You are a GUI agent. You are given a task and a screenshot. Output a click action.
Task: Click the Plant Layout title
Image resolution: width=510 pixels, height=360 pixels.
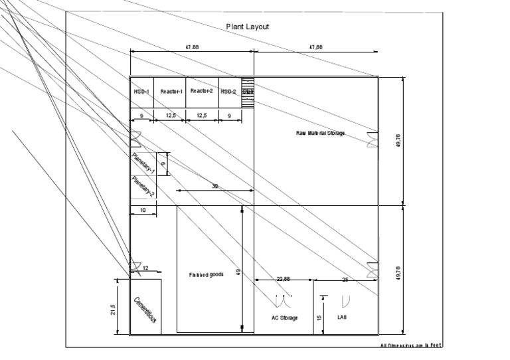click(247, 27)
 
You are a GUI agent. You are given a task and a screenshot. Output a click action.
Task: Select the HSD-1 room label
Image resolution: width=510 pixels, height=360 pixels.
click(141, 91)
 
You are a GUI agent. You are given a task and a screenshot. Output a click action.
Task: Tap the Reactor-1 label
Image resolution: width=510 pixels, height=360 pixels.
click(171, 91)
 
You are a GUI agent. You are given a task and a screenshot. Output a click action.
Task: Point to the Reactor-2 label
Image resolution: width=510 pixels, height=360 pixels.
click(201, 91)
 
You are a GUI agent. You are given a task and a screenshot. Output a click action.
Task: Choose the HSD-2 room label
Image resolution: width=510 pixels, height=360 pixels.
click(228, 91)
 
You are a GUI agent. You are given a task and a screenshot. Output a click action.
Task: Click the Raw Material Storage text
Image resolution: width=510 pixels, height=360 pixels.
click(321, 133)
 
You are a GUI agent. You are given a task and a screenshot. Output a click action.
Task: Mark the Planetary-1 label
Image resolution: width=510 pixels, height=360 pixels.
click(143, 163)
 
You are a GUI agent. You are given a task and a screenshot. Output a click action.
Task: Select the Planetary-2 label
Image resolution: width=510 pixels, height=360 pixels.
click(143, 187)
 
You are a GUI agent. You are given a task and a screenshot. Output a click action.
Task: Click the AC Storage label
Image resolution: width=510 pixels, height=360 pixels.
click(285, 317)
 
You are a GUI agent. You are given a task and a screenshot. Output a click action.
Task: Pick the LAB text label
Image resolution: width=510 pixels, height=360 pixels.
click(342, 317)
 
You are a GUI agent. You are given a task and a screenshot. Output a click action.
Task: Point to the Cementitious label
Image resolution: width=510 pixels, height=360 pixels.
click(145, 310)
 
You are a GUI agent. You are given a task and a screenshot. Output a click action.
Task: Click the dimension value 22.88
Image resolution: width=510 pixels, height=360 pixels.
click(283, 278)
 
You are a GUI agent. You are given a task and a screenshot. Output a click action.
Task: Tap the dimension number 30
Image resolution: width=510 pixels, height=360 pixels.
click(214, 187)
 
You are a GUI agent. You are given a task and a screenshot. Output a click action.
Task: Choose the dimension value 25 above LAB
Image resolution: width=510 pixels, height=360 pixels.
click(345, 280)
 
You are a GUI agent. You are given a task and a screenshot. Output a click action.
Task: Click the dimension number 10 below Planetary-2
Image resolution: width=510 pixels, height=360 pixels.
click(142, 211)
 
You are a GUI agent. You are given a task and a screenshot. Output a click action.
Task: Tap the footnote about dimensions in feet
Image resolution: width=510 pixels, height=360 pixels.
click(411, 345)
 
